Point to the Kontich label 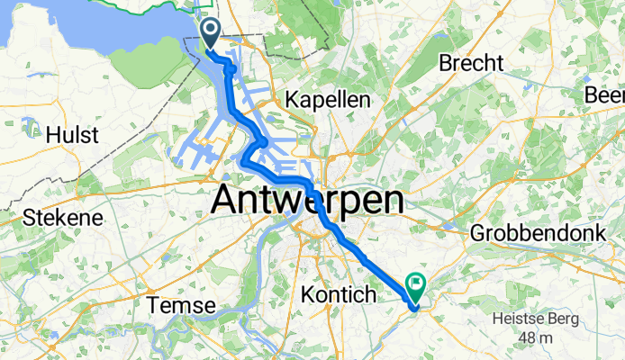click(334, 293)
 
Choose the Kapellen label click(328, 101)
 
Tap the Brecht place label click(466, 63)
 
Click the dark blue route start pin click(210, 35)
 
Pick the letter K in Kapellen click(290, 101)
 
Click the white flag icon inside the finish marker click(417, 284)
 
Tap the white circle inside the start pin click(210, 31)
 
